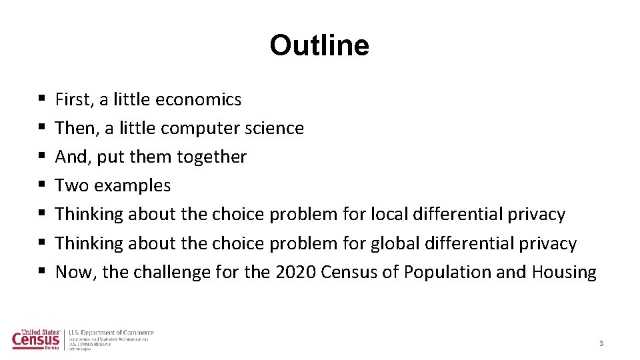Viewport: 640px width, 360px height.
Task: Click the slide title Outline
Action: [x=319, y=45]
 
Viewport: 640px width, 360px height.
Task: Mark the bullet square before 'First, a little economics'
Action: [x=42, y=100]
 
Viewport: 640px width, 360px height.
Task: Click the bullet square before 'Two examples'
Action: [x=42, y=186]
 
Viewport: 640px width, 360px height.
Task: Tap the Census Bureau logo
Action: [x=36, y=339]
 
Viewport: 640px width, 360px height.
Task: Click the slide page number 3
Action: [x=601, y=343]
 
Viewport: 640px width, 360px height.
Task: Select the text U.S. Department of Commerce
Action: [x=111, y=333]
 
